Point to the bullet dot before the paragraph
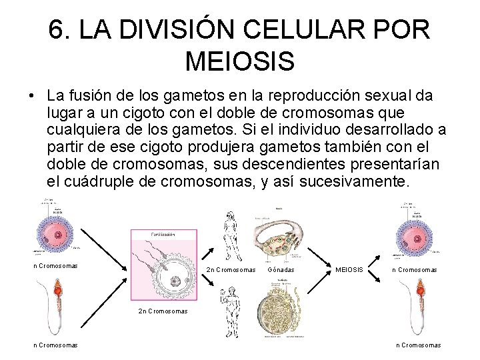coord(32,95)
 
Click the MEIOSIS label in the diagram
coord(349,270)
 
